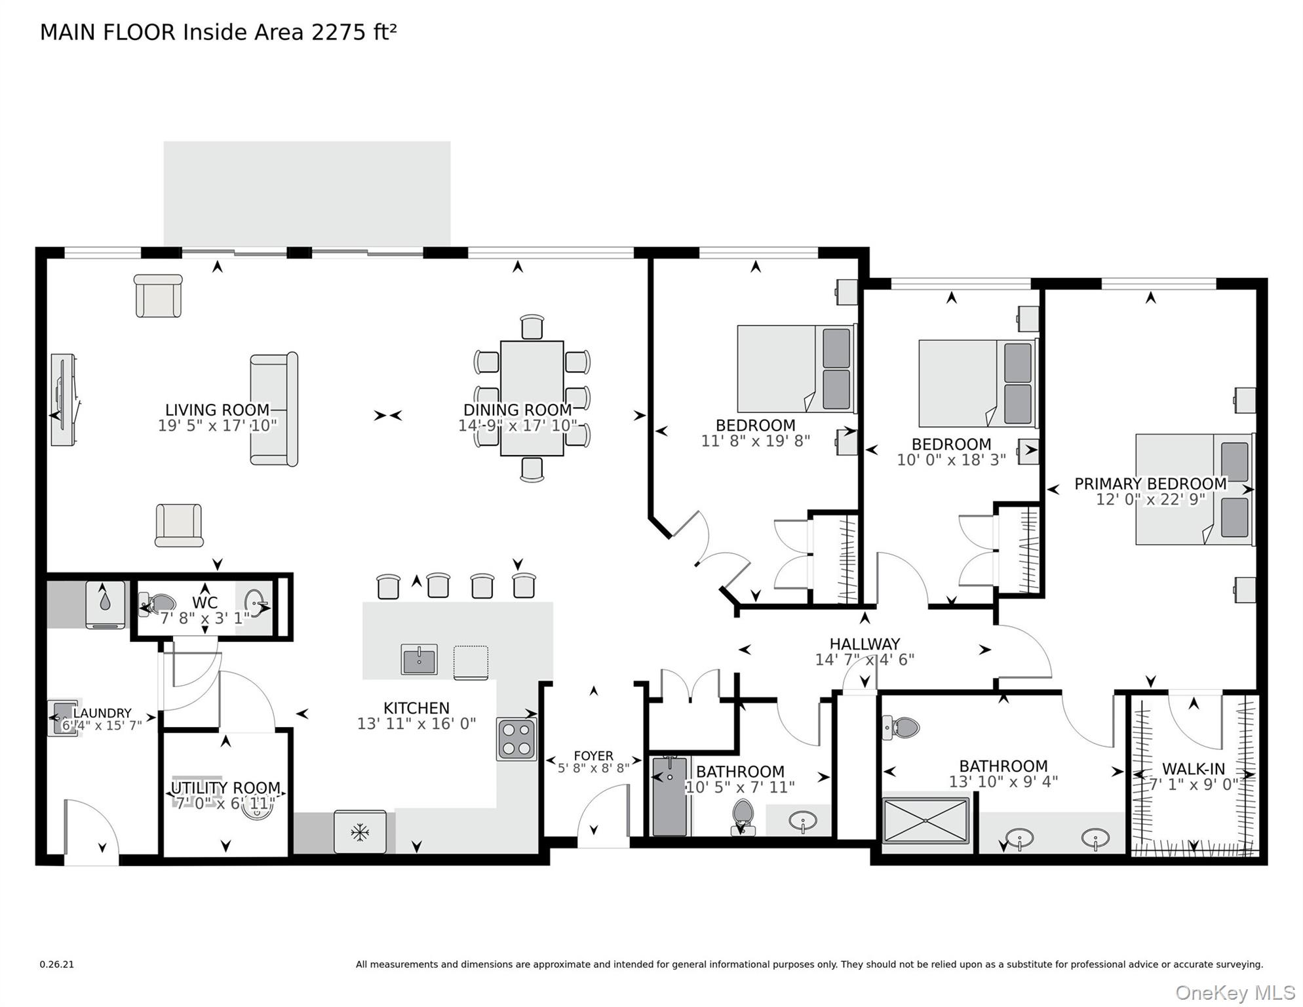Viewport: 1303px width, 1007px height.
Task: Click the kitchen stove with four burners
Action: click(516, 739)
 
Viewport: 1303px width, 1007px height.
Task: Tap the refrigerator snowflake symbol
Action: click(359, 833)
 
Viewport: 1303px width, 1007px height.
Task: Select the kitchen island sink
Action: click(419, 660)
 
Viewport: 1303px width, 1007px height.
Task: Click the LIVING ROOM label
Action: click(217, 410)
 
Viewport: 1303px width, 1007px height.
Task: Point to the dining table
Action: click(532, 397)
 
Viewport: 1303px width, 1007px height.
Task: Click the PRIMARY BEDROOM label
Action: click(1150, 483)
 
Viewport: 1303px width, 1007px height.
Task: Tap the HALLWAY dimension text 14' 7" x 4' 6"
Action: click(864, 660)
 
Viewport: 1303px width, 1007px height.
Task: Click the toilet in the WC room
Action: click(157, 603)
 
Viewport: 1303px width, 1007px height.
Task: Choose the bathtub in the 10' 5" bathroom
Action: click(670, 797)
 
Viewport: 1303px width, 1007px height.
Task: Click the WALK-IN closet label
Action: click(1193, 769)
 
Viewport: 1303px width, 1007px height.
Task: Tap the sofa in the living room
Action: click(274, 409)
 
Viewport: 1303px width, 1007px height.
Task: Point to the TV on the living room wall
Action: click(64, 400)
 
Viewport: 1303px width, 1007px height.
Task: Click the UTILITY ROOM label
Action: click(225, 787)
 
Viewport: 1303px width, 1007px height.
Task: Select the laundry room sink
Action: click(63, 717)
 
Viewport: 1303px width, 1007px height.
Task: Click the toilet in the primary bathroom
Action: click(902, 727)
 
